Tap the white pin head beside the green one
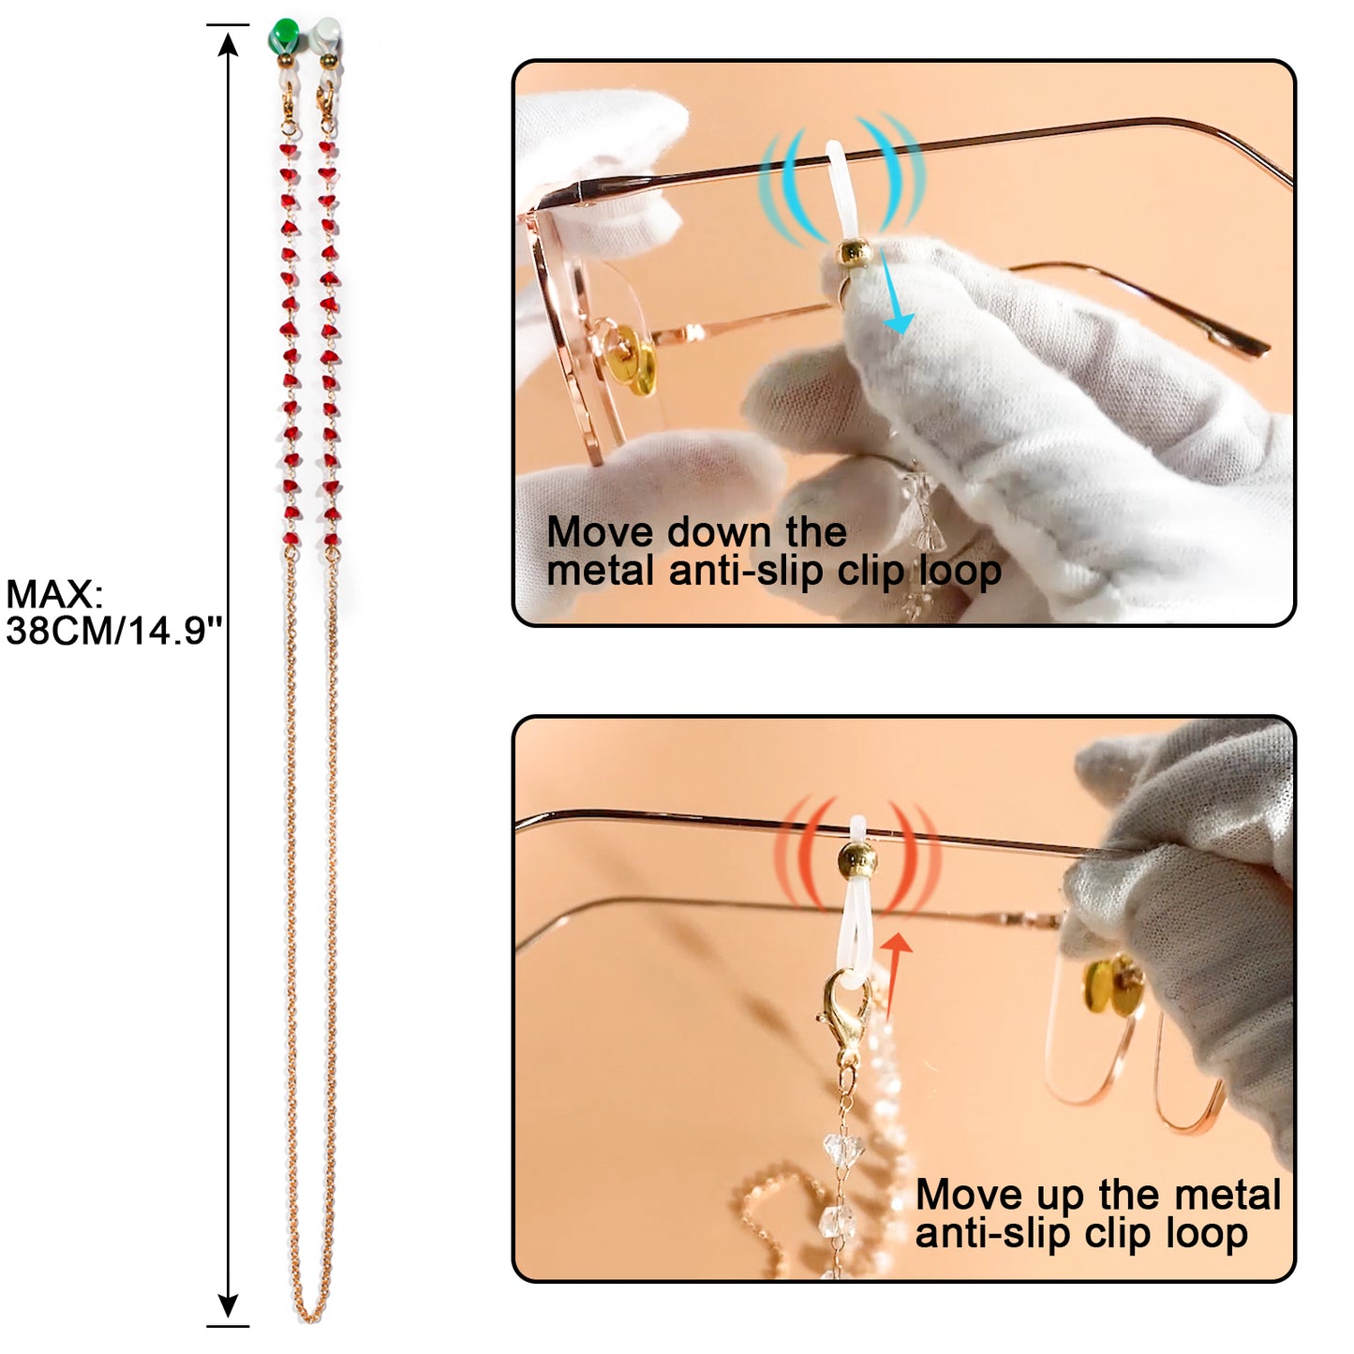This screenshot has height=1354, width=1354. tap(326, 35)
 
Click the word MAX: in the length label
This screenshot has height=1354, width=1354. tap(53, 594)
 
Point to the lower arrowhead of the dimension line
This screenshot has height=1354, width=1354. tap(228, 1307)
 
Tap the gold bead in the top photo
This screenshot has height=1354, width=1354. tap(853, 253)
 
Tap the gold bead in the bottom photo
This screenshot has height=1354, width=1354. tap(858, 855)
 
